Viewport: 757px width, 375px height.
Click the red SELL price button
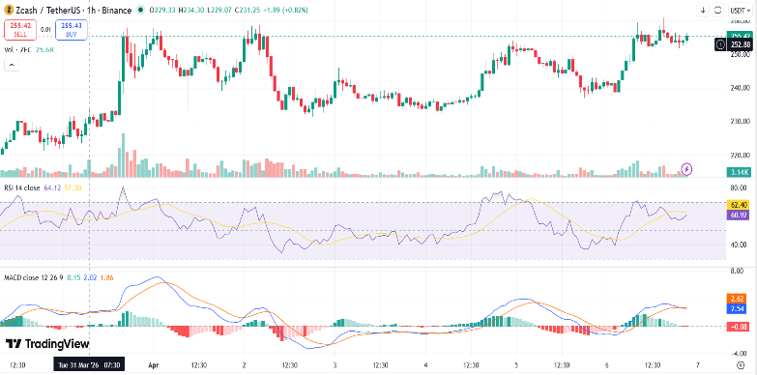[18, 31]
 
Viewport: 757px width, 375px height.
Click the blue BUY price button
[72, 31]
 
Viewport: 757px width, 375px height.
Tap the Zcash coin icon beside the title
[8, 10]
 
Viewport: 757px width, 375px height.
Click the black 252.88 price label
[741, 44]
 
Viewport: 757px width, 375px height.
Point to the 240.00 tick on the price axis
[742, 87]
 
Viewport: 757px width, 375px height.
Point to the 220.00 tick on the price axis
[742, 156]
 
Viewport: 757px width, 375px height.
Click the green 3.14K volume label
[741, 172]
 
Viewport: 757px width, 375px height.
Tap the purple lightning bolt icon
[687, 168]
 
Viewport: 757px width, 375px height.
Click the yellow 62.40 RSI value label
[741, 205]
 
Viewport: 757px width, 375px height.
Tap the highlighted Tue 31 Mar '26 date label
[88, 366]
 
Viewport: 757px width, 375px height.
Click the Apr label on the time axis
[154, 366]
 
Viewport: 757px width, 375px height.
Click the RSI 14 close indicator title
[22, 187]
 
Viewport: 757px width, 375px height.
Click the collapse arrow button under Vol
[12, 65]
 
